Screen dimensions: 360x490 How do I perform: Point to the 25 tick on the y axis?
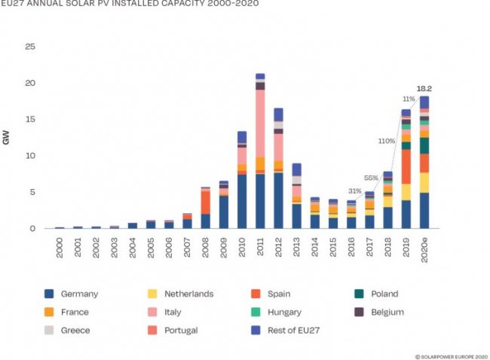click(30, 47)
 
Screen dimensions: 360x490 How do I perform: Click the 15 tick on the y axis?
click(30, 120)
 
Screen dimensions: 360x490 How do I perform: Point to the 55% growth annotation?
click(372, 178)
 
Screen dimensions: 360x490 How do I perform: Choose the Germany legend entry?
click(75, 294)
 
